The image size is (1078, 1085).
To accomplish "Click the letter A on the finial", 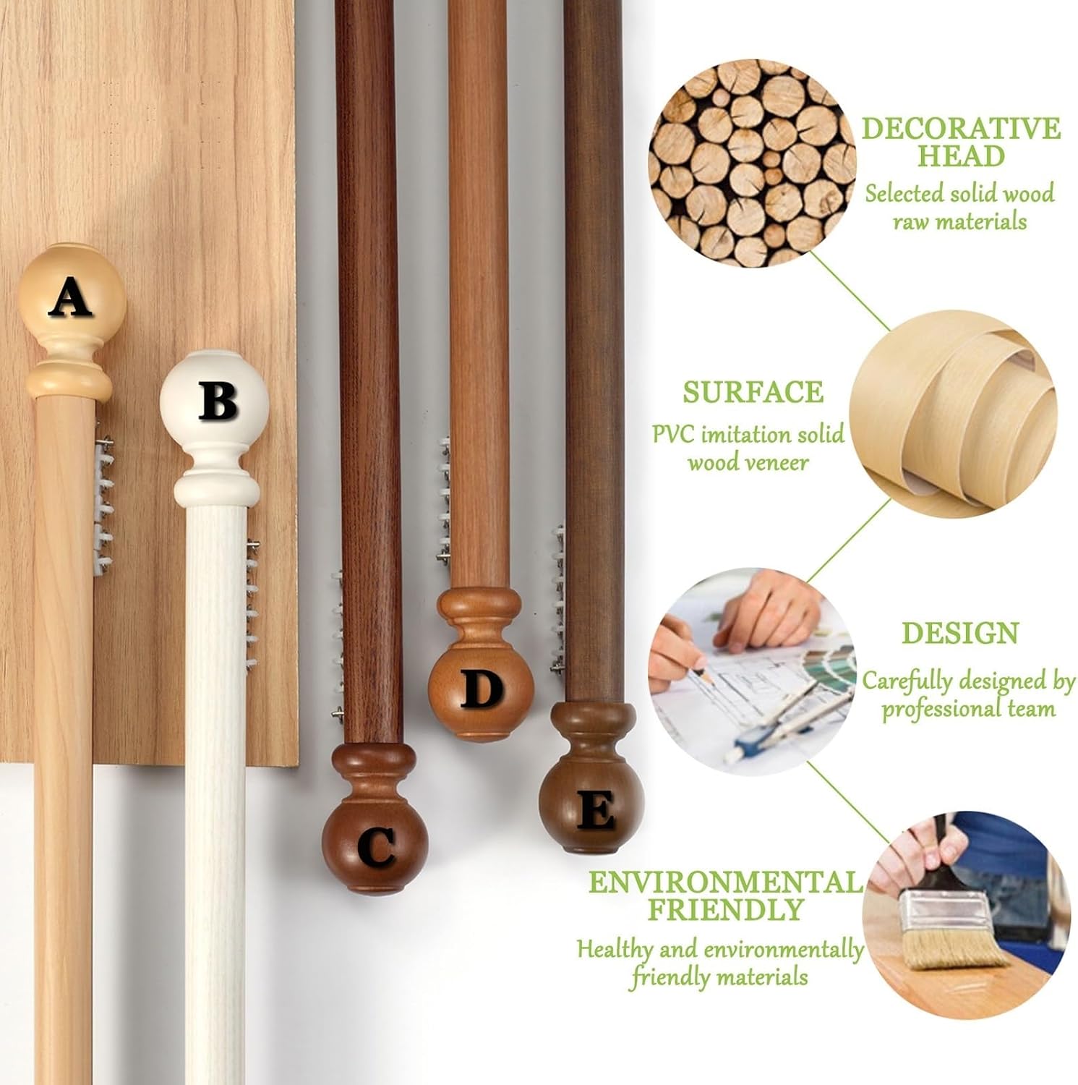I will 70,298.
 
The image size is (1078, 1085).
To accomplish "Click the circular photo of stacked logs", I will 752,163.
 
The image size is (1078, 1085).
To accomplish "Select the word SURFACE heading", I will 753,392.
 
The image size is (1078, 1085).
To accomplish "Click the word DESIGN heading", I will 960,633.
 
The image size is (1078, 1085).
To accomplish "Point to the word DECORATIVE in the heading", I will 961,129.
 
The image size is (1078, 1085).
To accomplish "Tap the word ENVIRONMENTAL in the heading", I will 725,882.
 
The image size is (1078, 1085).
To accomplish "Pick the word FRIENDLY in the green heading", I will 725,909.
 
